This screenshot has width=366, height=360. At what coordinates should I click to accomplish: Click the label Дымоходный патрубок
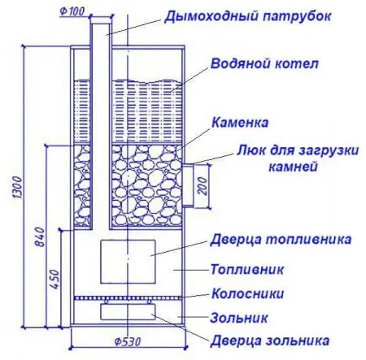247,17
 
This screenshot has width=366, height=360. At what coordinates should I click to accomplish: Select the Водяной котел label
264,64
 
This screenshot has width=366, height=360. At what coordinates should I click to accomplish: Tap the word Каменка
240,123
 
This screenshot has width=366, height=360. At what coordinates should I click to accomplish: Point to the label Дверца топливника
281,240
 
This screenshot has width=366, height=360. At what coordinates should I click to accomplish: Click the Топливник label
247,270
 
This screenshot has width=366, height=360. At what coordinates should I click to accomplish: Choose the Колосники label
248,293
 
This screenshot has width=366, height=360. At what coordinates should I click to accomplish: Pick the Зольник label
239,318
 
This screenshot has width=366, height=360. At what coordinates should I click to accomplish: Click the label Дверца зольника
270,340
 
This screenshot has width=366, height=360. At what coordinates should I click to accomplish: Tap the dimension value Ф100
72,12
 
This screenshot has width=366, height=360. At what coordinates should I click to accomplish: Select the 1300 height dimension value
17,187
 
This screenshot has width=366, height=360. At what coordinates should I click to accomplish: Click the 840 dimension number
40,237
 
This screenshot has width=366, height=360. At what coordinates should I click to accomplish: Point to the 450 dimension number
54,280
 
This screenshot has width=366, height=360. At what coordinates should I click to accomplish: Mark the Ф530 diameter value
128,341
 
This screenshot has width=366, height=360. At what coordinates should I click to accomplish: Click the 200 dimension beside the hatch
203,186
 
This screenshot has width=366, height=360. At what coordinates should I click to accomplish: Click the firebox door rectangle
128,262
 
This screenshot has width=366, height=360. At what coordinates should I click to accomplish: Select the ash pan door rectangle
128,312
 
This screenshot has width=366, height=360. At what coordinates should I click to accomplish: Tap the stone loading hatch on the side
188,185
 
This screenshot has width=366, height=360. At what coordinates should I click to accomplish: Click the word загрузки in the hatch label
328,150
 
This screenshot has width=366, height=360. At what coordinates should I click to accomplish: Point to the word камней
293,167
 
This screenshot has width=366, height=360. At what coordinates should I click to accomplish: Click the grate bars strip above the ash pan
128,297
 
